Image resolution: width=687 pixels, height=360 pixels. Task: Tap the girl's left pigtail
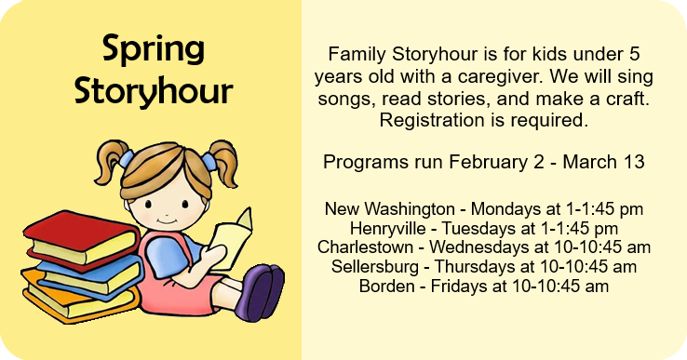click(x=117, y=160)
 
